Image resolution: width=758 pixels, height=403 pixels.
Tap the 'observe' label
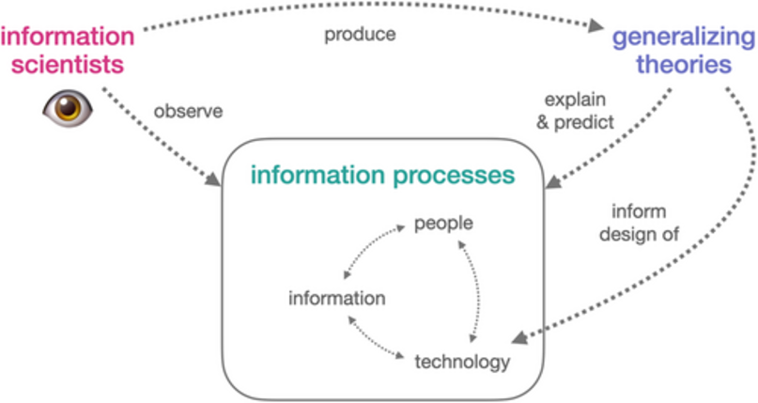(x=188, y=111)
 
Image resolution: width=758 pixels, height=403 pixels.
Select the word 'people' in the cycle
(x=443, y=224)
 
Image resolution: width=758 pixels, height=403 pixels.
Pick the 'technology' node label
(x=462, y=361)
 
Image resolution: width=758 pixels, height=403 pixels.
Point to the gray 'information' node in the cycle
(x=337, y=299)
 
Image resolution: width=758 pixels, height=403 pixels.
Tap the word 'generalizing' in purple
(x=682, y=39)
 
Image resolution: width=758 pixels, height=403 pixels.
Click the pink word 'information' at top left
(x=68, y=37)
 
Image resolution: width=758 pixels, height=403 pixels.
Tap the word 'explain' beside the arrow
(x=576, y=99)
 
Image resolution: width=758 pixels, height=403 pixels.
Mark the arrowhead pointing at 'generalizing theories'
(x=596, y=25)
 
